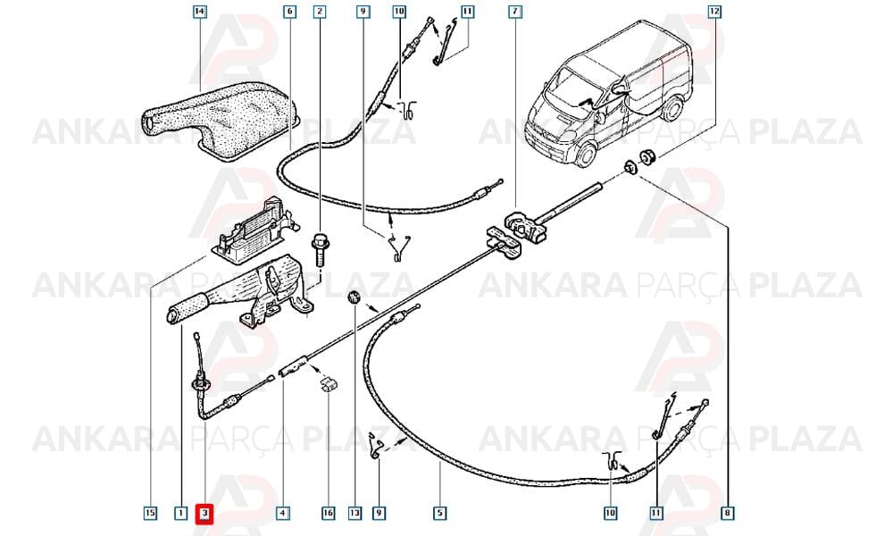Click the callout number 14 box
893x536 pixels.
tap(199, 12)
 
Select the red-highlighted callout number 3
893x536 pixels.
tap(204, 514)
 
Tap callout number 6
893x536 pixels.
tap(290, 12)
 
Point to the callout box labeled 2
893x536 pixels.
tap(320, 12)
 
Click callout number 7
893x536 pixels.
tap(515, 12)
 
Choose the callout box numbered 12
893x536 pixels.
tap(714, 12)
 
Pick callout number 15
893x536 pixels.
tap(150, 513)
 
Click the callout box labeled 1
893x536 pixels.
tap(180, 513)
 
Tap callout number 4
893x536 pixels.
tap(283, 513)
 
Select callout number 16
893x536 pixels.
tap(329, 513)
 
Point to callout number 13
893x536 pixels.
tap(355, 513)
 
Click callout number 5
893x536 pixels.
tap(439, 513)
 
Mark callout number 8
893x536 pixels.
tap(727, 513)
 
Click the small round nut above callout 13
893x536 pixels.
tap(355, 297)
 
